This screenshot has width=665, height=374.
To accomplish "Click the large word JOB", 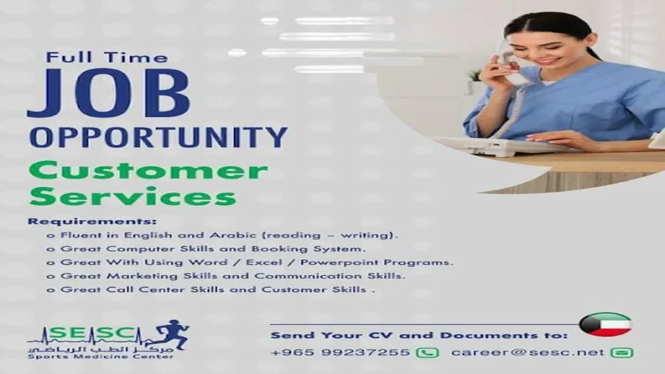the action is tap(108, 93).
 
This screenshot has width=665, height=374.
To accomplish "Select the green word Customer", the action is tap(149, 171).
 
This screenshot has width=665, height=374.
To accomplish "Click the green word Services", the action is tap(132, 197).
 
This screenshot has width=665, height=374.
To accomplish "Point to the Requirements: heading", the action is tap(92, 221).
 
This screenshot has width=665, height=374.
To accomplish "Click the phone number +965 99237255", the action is tap(340, 353).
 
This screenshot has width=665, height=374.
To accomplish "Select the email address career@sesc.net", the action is tap(527, 353).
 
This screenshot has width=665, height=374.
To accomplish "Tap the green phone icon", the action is tap(427, 353).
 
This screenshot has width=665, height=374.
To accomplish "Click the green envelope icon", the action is tap(621, 353).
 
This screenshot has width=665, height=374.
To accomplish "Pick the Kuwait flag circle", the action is tap(605, 325).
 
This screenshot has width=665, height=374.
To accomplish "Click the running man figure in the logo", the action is tap(171, 334).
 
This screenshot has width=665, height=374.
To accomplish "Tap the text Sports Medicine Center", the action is tap(101, 356).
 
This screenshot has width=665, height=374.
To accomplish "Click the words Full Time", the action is tap(107, 57).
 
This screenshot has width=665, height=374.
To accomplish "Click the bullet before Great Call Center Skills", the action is tap(51, 290).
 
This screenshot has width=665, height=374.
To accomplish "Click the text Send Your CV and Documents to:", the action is tap(419, 336).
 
